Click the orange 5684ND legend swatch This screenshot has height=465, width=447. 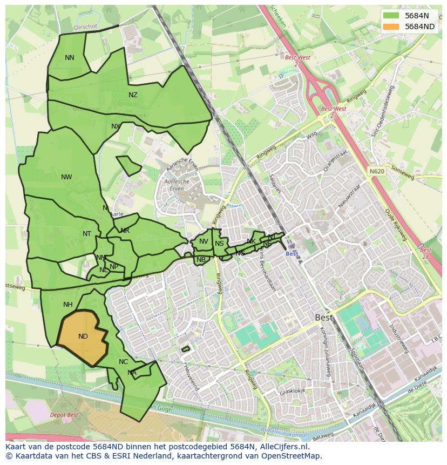click(x=391, y=26)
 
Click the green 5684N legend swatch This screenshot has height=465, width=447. click(x=391, y=16)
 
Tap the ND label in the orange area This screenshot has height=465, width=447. click(x=83, y=336)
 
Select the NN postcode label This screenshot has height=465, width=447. click(x=70, y=58)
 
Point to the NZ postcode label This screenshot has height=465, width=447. click(x=133, y=95)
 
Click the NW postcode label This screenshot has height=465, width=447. click(x=66, y=177)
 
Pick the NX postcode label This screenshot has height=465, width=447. click(x=116, y=126)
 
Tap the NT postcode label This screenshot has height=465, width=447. click(x=87, y=234)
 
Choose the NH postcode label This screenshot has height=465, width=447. click(x=67, y=305)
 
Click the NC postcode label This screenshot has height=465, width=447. click(x=123, y=362)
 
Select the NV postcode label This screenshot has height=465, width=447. click(x=204, y=241)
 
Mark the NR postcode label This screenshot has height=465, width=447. click(x=125, y=231)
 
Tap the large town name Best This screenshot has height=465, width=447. click(x=324, y=318)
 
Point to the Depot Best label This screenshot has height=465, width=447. click(x=64, y=415)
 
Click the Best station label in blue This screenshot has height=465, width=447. click(x=292, y=254)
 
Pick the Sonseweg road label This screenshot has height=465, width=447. click(x=402, y=174)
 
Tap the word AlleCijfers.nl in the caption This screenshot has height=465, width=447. click(x=283, y=447)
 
